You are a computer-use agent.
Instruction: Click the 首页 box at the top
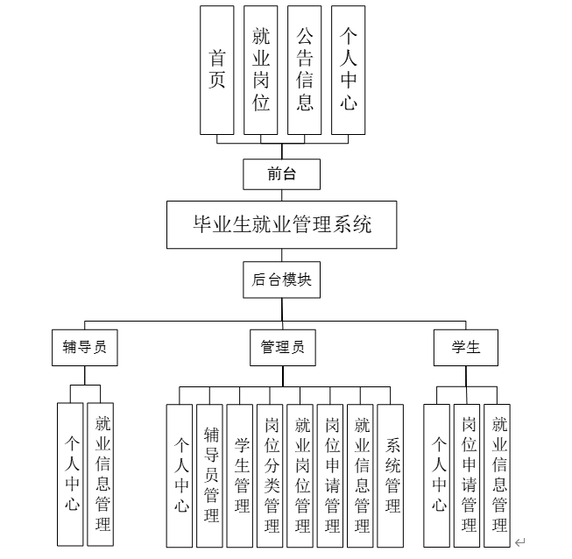(x=217, y=70)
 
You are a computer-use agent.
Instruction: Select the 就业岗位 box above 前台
(x=260, y=70)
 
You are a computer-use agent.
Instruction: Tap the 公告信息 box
(x=304, y=70)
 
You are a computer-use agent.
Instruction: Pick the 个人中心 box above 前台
(x=348, y=70)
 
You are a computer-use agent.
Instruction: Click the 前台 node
(x=281, y=173)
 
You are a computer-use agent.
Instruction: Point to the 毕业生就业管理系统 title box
(x=282, y=225)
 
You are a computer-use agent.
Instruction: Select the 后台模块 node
(x=281, y=280)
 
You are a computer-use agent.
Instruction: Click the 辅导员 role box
(x=84, y=346)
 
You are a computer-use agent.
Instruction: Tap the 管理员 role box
(x=282, y=346)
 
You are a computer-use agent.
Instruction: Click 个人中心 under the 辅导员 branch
(x=71, y=473)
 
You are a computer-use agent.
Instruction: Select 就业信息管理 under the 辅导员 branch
(x=102, y=473)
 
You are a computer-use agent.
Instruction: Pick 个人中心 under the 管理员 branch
(x=180, y=475)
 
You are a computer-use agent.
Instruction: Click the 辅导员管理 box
(x=210, y=475)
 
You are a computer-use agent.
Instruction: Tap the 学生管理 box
(x=240, y=475)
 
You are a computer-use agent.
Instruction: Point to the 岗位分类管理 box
(x=271, y=475)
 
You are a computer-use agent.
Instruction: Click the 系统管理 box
(x=391, y=475)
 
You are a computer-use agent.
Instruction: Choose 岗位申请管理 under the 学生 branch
(x=467, y=475)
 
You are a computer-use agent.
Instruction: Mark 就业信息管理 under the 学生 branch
(x=498, y=475)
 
